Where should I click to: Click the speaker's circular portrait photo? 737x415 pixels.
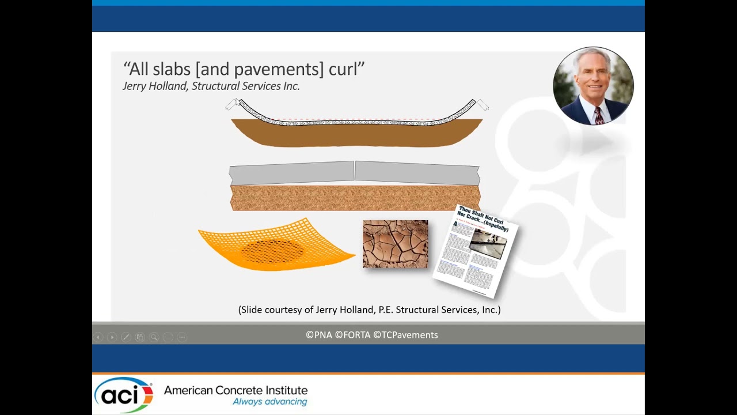click(593, 85)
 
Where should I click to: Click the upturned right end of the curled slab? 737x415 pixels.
click(469, 107)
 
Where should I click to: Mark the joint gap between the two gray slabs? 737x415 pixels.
click(354, 171)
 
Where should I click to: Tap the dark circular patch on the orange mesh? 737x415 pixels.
click(272, 251)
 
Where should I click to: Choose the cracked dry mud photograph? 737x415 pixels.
click(395, 244)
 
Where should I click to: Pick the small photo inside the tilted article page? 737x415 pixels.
click(487, 244)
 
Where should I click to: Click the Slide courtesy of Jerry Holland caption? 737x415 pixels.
click(369, 310)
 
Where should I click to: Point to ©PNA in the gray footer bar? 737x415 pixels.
click(319, 335)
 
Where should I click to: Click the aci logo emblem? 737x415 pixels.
click(123, 395)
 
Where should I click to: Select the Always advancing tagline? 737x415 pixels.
click(269, 402)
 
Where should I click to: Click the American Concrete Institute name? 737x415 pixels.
click(235, 390)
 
